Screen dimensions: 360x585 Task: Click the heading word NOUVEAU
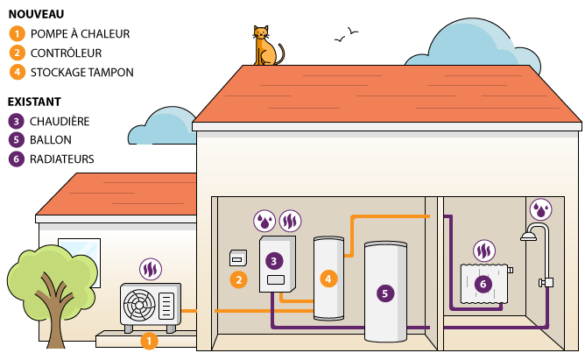[36, 15]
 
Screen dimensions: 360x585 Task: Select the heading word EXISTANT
[36, 102]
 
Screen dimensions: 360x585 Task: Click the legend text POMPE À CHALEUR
[80, 34]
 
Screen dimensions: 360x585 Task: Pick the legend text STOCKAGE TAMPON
[81, 72]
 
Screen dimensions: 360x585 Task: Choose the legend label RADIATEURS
[62, 159]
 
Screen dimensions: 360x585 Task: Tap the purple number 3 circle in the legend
[16, 121]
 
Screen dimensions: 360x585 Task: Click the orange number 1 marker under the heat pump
[148, 340]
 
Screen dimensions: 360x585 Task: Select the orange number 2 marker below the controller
[237, 280]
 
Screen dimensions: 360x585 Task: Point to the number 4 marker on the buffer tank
[328, 279]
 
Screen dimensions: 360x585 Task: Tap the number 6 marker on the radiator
[482, 284]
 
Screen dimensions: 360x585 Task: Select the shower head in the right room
[528, 235]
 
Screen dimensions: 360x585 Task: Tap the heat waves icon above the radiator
[483, 251]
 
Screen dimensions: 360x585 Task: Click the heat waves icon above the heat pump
[151, 269]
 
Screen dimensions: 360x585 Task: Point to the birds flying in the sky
[346, 35]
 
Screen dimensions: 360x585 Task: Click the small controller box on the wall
[236, 258]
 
